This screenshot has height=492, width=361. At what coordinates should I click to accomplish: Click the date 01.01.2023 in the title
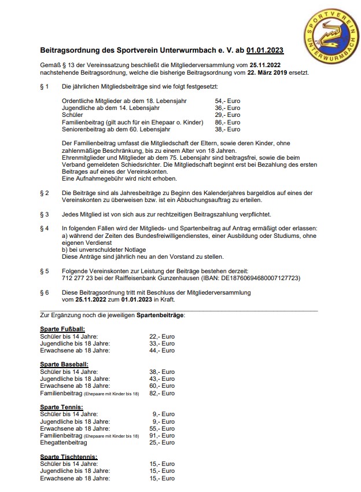[265, 51]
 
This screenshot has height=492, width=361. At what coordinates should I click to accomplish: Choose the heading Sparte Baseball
[64, 364]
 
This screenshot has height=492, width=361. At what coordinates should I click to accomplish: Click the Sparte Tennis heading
[61, 407]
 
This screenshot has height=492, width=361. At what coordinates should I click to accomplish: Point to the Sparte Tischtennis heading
[68, 457]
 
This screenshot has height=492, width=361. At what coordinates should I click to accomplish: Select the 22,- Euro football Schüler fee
[162, 336]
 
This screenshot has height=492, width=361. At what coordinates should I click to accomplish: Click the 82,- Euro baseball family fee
[162, 393]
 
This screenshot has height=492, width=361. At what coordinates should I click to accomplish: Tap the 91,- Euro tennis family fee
[162, 435]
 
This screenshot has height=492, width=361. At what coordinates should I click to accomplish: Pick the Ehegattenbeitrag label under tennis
[64, 443]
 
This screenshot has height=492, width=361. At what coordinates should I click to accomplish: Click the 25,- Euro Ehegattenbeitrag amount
[162, 443]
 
